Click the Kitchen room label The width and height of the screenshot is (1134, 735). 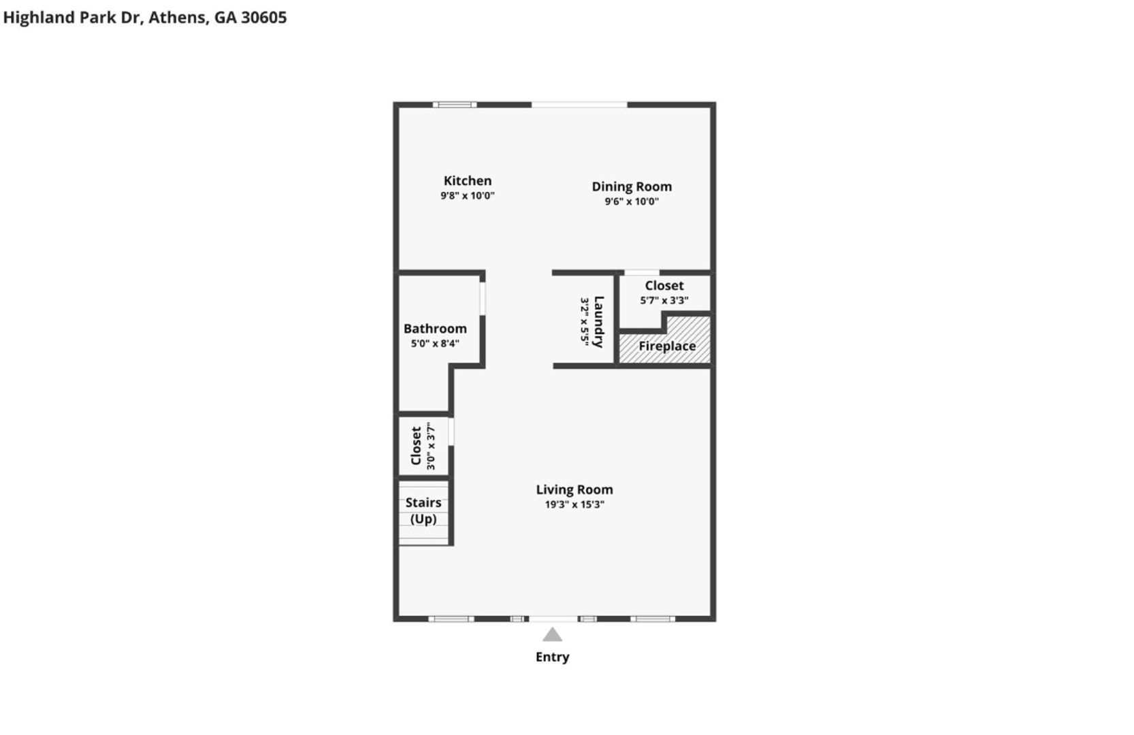tap(467, 181)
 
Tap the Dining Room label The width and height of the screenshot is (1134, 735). tap(632, 186)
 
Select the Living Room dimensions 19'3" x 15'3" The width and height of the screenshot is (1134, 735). tap(574, 504)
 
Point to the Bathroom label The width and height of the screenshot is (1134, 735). tap(435, 329)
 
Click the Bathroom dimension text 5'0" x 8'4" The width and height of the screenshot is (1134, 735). tap(435, 343)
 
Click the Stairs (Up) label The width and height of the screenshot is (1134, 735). tap(423, 510)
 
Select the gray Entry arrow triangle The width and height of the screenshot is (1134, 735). tap(552, 634)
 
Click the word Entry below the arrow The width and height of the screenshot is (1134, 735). tap(552, 657)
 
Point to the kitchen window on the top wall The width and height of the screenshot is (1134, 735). tap(454, 105)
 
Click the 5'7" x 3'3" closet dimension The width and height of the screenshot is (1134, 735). tap(664, 300)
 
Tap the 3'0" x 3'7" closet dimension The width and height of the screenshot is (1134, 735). tap(431, 446)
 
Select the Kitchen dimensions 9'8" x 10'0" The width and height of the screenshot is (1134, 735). tap(467, 195)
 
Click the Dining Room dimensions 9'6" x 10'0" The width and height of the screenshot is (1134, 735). tap(632, 201)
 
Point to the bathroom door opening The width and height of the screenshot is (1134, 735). tap(483, 299)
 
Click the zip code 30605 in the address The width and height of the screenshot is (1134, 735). tap(263, 17)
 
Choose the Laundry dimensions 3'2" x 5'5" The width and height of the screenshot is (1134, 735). tap(585, 322)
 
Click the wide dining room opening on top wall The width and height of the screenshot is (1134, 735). tap(579, 105)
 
